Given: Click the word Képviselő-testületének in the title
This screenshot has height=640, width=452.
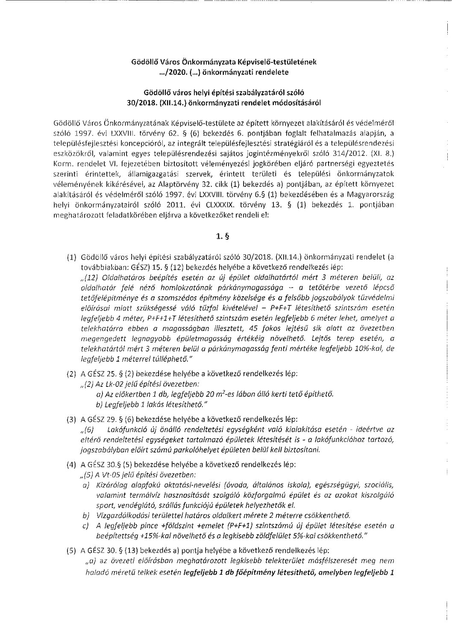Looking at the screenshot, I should point(280,62).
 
